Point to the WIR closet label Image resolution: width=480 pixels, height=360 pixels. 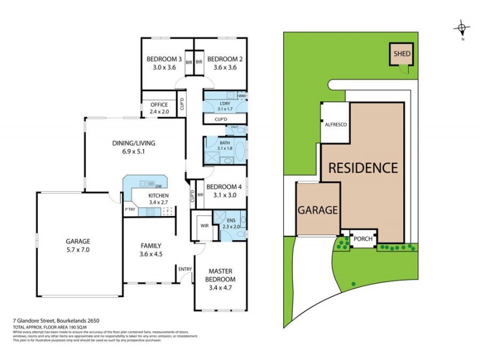[203, 226]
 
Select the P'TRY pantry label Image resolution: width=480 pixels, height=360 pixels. [130, 209]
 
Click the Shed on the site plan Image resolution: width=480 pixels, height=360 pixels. [402, 54]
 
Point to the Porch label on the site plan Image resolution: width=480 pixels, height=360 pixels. [363, 238]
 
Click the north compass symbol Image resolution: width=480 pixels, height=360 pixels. [461, 28]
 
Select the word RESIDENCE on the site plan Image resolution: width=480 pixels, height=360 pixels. [362, 167]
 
